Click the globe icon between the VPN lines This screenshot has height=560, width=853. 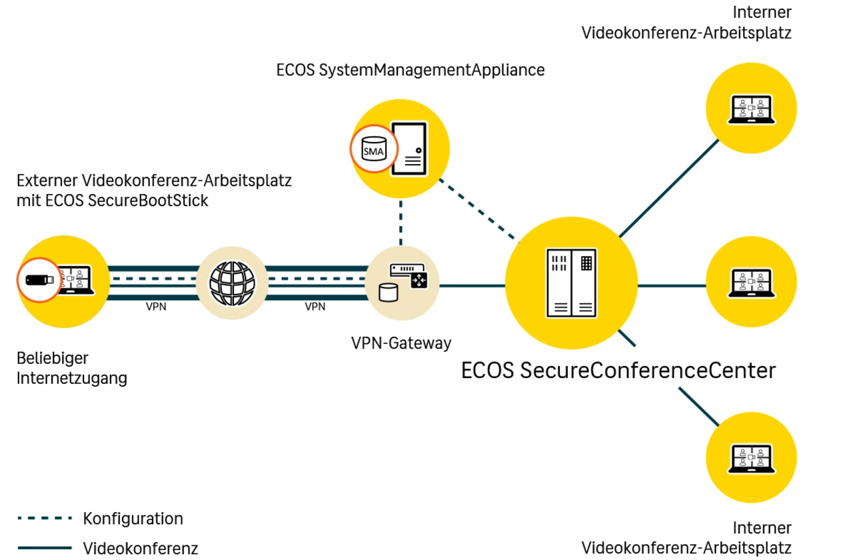[x=233, y=283]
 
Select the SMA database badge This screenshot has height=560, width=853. [x=373, y=149]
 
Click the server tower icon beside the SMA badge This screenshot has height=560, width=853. [x=409, y=148]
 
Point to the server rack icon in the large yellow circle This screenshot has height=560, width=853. [x=571, y=283]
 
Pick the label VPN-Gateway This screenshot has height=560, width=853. [x=401, y=343]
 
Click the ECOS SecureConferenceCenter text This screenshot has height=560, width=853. [x=618, y=371]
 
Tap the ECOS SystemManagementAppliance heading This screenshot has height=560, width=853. [x=410, y=69]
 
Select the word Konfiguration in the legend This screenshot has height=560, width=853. [x=133, y=519]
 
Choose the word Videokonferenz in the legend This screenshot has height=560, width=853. [x=141, y=549]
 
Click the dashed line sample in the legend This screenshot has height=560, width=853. [x=44, y=518]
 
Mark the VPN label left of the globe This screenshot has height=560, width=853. [x=156, y=307]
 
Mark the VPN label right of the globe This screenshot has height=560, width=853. [x=315, y=307]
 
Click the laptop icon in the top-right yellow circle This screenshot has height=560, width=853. [x=751, y=109]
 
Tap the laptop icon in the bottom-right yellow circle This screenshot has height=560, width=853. [x=751, y=459]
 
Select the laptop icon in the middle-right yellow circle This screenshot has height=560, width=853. [x=751, y=283]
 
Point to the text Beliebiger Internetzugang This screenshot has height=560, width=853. [x=71, y=369]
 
